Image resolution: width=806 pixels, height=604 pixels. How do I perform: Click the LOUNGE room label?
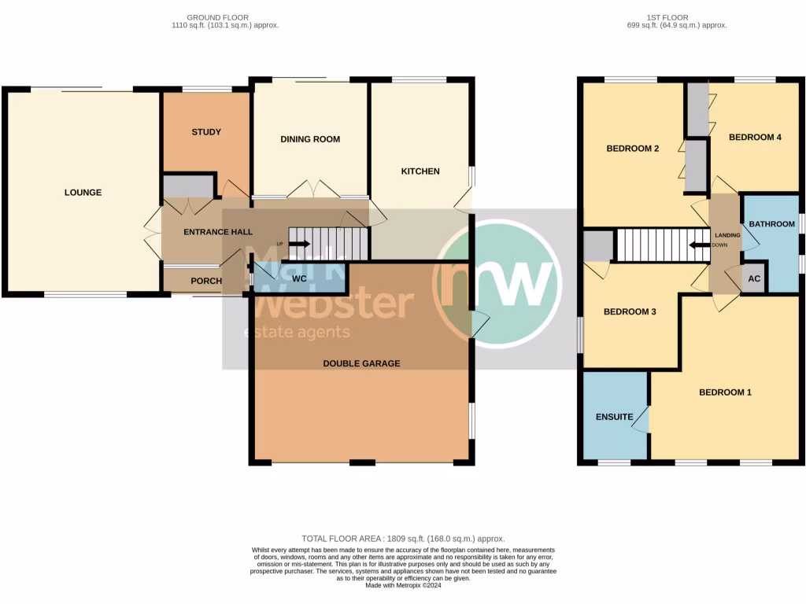click(x=83, y=193)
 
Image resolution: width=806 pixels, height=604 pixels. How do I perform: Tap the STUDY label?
click(x=206, y=132)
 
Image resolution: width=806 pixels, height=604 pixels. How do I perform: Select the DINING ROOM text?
click(x=310, y=139)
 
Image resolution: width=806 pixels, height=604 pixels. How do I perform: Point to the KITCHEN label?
click(x=420, y=171)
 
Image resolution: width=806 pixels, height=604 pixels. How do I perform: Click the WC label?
click(x=299, y=278)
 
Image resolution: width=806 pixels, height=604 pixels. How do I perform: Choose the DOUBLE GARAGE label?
click(x=361, y=363)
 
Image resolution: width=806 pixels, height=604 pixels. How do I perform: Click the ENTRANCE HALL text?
click(x=218, y=232)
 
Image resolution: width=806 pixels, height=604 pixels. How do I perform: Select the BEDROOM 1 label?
click(x=725, y=392)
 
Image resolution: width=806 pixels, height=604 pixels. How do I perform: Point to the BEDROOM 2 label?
click(x=632, y=149)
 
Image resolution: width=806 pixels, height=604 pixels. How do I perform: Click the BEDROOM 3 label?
click(x=630, y=311)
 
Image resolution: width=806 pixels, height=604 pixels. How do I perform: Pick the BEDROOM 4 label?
click(x=755, y=137)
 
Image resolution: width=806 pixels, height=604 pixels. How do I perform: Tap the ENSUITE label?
click(x=614, y=417)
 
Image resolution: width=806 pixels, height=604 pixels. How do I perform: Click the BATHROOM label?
click(x=771, y=224)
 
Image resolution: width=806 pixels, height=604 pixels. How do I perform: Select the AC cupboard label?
click(x=753, y=279)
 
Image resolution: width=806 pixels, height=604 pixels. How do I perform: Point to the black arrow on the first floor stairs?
click(x=698, y=245)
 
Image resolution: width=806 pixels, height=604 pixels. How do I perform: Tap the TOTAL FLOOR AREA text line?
click(x=403, y=538)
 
